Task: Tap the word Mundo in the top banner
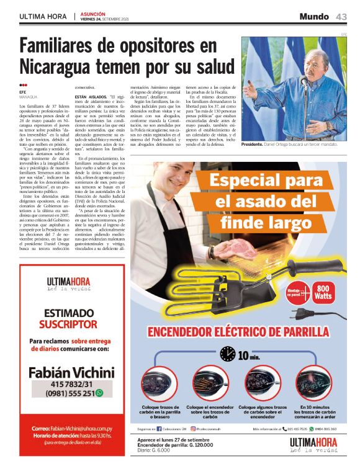click(x=314, y=17)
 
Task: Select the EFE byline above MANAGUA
click(x=23, y=92)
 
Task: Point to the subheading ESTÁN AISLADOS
click(x=91, y=97)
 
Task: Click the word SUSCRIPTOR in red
click(x=68, y=324)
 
